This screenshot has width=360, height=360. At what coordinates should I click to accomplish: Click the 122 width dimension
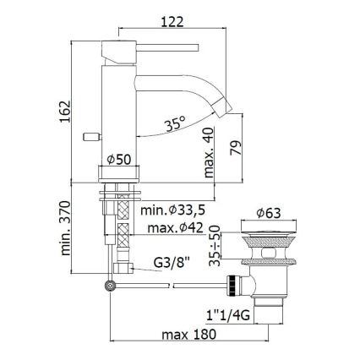pos(172,22)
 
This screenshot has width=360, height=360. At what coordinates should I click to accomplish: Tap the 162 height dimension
pos(65,112)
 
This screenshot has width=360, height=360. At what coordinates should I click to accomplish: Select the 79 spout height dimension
pos(236,148)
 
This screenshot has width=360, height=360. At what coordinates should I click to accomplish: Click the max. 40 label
pos(209,152)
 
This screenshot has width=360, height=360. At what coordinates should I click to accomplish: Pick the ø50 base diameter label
pos(119,160)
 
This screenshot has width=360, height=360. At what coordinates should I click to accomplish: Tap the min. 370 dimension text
pos(65,228)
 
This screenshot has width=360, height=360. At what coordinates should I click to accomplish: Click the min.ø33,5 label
pos(172,210)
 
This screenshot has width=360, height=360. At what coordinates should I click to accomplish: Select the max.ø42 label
pos(175,228)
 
